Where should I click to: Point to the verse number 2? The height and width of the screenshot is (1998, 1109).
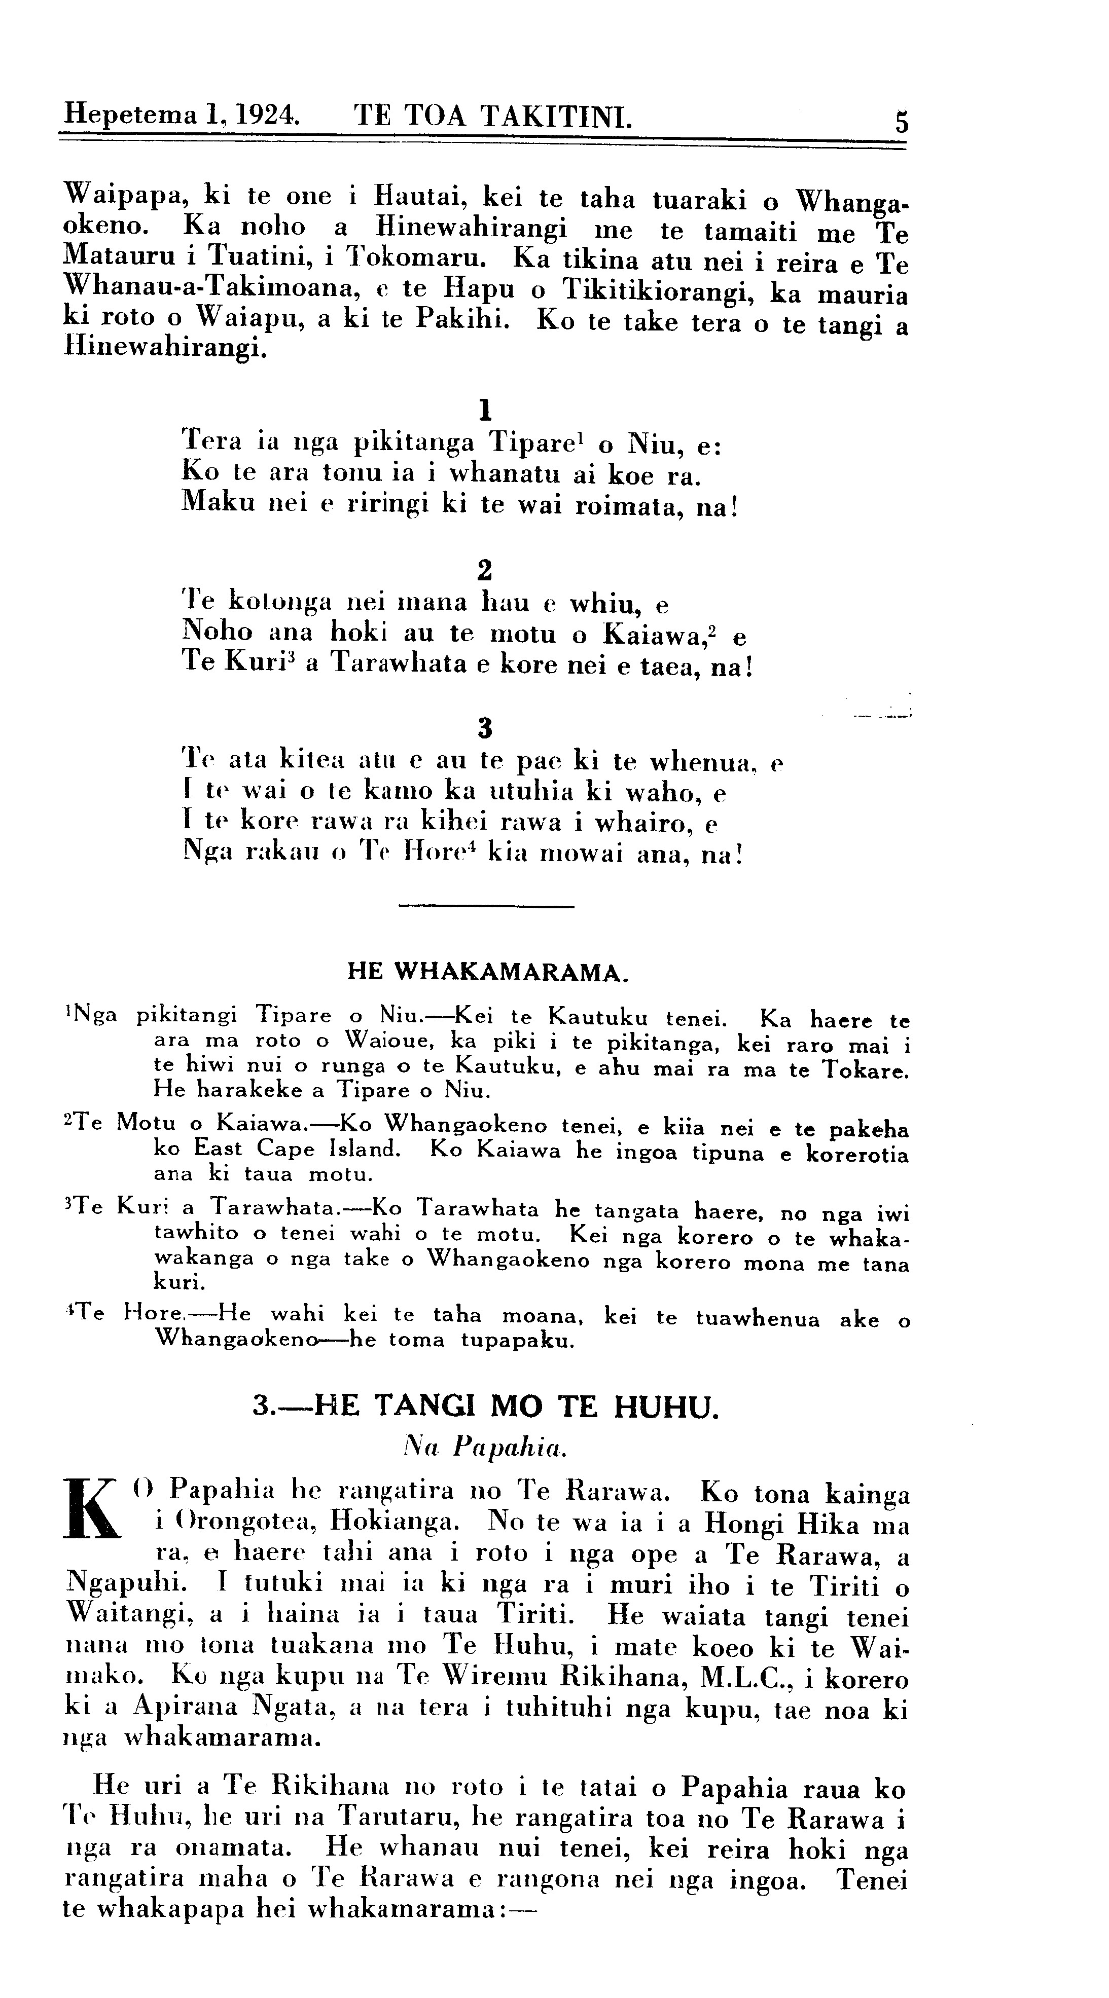pyautogui.click(x=485, y=570)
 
